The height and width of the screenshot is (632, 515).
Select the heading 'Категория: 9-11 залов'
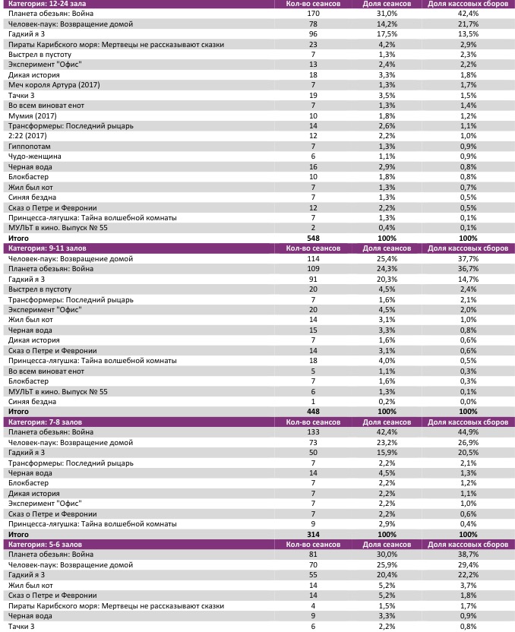tap(43, 248)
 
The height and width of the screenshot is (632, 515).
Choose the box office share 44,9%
tap(468, 431)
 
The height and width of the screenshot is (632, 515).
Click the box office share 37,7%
tap(468, 259)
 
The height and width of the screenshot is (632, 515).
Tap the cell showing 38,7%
tap(468, 555)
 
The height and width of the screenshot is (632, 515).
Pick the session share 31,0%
tap(387, 14)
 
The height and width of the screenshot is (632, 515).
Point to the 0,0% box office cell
tap(468, 401)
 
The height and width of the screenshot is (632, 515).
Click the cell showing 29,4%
tap(468, 565)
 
